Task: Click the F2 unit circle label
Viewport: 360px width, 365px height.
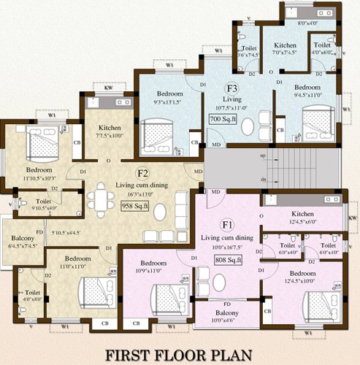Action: coord(143,174)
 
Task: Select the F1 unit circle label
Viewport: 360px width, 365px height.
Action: coord(227,225)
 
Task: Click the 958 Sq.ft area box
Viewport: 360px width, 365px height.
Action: coord(135,206)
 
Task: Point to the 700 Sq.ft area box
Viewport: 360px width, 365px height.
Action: coord(222,118)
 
